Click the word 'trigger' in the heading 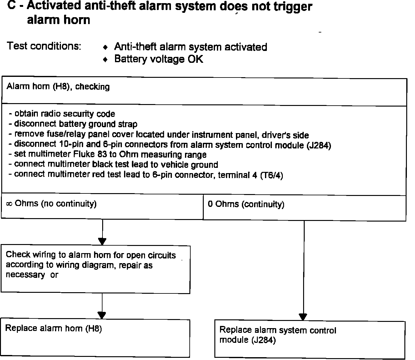click(x=293, y=7)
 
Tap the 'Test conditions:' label click(x=44, y=46)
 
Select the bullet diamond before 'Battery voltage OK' click(x=106, y=59)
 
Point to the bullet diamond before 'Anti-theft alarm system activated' click(x=106, y=47)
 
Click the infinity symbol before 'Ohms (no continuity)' click(x=9, y=204)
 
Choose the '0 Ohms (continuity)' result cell click(x=246, y=204)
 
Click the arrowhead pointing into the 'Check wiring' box click(x=102, y=242)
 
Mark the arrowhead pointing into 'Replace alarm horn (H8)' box click(x=102, y=315)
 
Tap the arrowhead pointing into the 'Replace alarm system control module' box click(x=303, y=317)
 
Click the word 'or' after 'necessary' click(x=54, y=275)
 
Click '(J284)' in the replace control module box click(x=264, y=340)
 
